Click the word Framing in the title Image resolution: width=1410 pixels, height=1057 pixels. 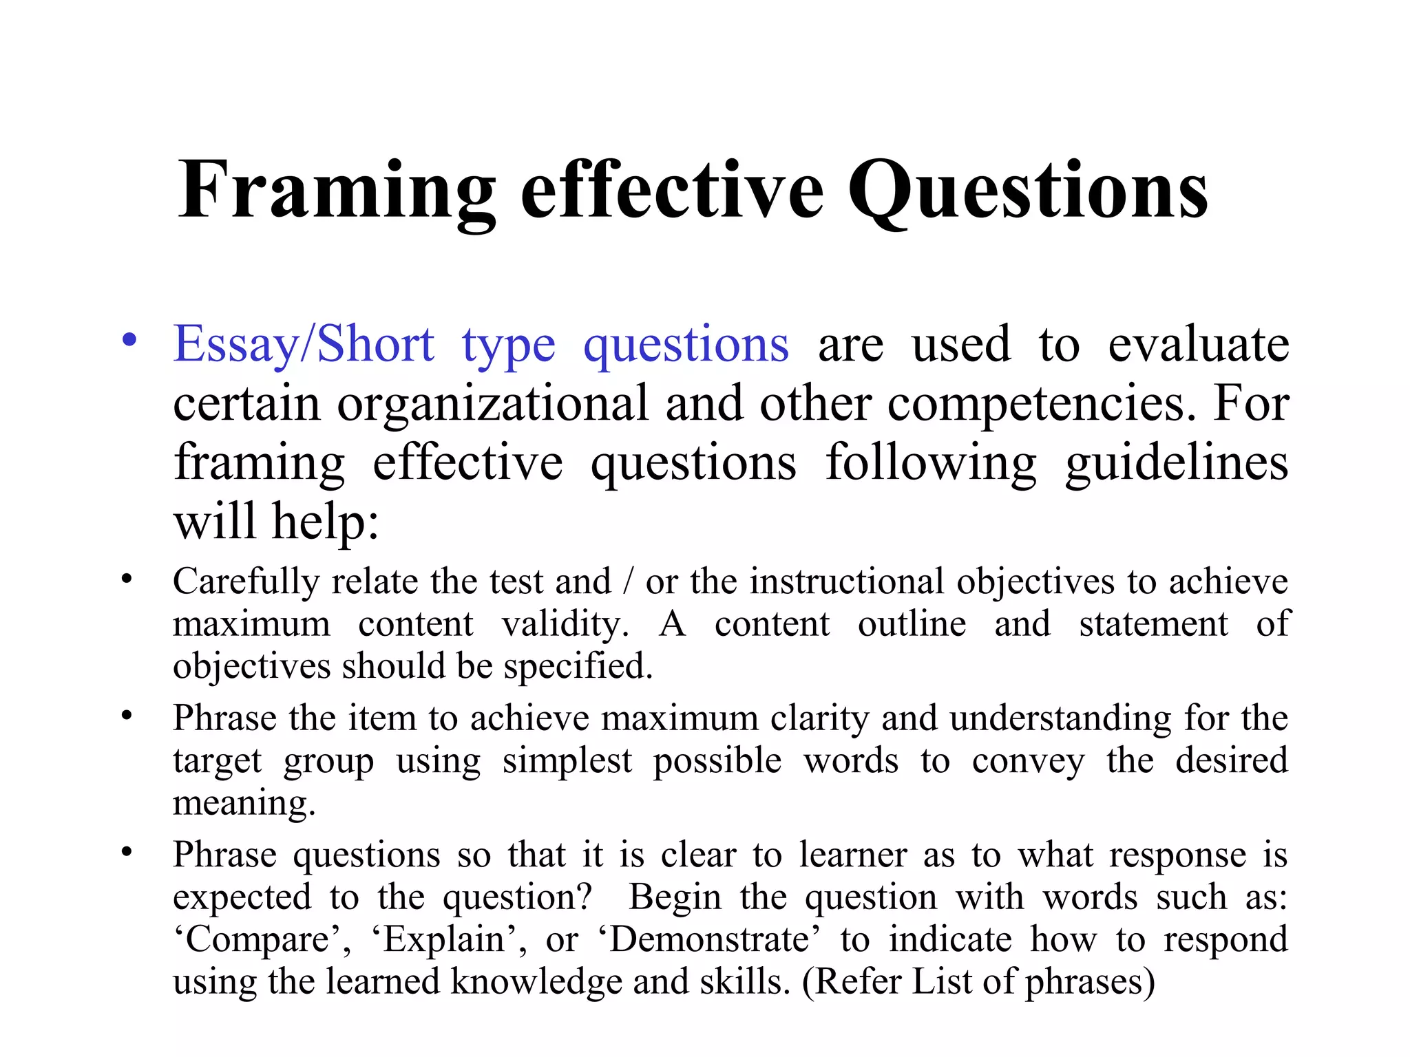pos(337,191)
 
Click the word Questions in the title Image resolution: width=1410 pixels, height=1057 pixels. pos(1027,191)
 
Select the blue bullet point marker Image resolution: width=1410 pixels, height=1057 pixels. pos(129,341)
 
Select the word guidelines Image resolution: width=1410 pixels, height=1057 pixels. pos(1176,462)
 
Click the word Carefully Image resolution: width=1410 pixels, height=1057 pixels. pos(246,582)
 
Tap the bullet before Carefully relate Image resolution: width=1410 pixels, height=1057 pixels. pos(127,579)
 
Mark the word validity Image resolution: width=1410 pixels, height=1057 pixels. pos(565,624)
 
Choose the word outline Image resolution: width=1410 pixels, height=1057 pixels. pos(912,624)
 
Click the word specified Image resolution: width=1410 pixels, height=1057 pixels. pos(578,666)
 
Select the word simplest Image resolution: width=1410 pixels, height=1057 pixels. pos(567,761)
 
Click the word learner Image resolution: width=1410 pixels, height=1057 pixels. pos(852,855)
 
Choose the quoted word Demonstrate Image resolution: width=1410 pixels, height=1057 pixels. pos(708,940)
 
